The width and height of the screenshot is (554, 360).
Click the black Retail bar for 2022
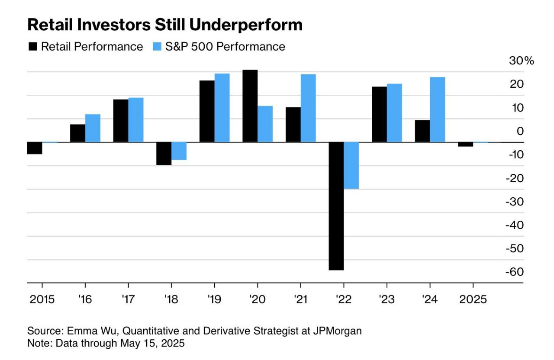pyautogui.click(x=336, y=206)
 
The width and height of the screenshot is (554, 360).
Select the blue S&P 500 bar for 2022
pyautogui.click(x=351, y=165)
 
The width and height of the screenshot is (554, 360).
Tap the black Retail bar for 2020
pyautogui.click(x=250, y=106)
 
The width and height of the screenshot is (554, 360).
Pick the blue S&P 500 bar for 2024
pyautogui.click(x=437, y=109)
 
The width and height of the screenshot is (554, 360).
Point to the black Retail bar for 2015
pyautogui.click(x=35, y=148)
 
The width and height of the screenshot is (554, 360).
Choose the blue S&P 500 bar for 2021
pyautogui.click(x=308, y=108)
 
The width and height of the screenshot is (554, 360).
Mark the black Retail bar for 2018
pyautogui.click(x=164, y=153)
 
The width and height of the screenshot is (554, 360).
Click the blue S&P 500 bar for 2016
pyautogui.click(x=93, y=128)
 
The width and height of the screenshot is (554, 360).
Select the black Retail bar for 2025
pyautogui.click(x=465, y=144)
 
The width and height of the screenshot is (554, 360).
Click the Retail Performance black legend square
pyautogui.click(x=33, y=47)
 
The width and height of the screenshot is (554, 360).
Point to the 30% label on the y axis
pyautogui.click(x=522, y=61)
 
